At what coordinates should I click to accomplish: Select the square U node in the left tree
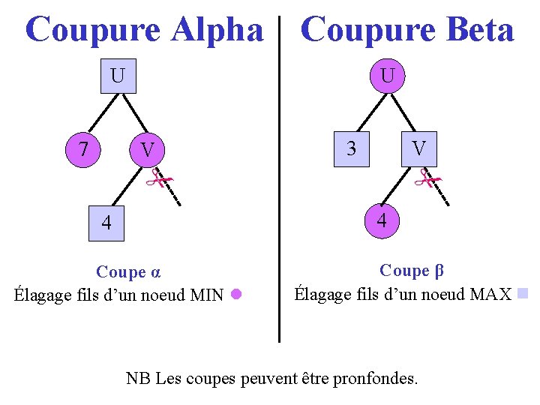pyautogui.click(x=118, y=76)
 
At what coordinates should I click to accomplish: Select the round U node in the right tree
pyautogui.click(x=387, y=76)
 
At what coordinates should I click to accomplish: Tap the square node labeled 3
pyautogui.click(x=351, y=148)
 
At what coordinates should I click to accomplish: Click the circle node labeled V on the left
pyautogui.click(x=148, y=150)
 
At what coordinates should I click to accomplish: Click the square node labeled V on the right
pyautogui.click(x=420, y=148)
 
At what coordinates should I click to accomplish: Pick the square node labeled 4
pyautogui.click(x=106, y=223)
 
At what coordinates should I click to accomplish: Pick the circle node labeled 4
pyautogui.click(x=382, y=221)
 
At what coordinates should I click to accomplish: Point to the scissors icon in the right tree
pyautogui.click(x=430, y=178)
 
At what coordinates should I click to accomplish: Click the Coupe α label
pyautogui.click(x=129, y=271)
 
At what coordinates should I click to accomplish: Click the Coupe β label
pyautogui.click(x=404, y=270)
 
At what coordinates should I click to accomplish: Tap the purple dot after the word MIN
pyautogui.click(x=235, y=294)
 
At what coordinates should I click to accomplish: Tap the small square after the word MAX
pyautogui.click(x=523, y=292)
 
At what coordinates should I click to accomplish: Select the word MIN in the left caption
pyautogui.click(x=207, y=295)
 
